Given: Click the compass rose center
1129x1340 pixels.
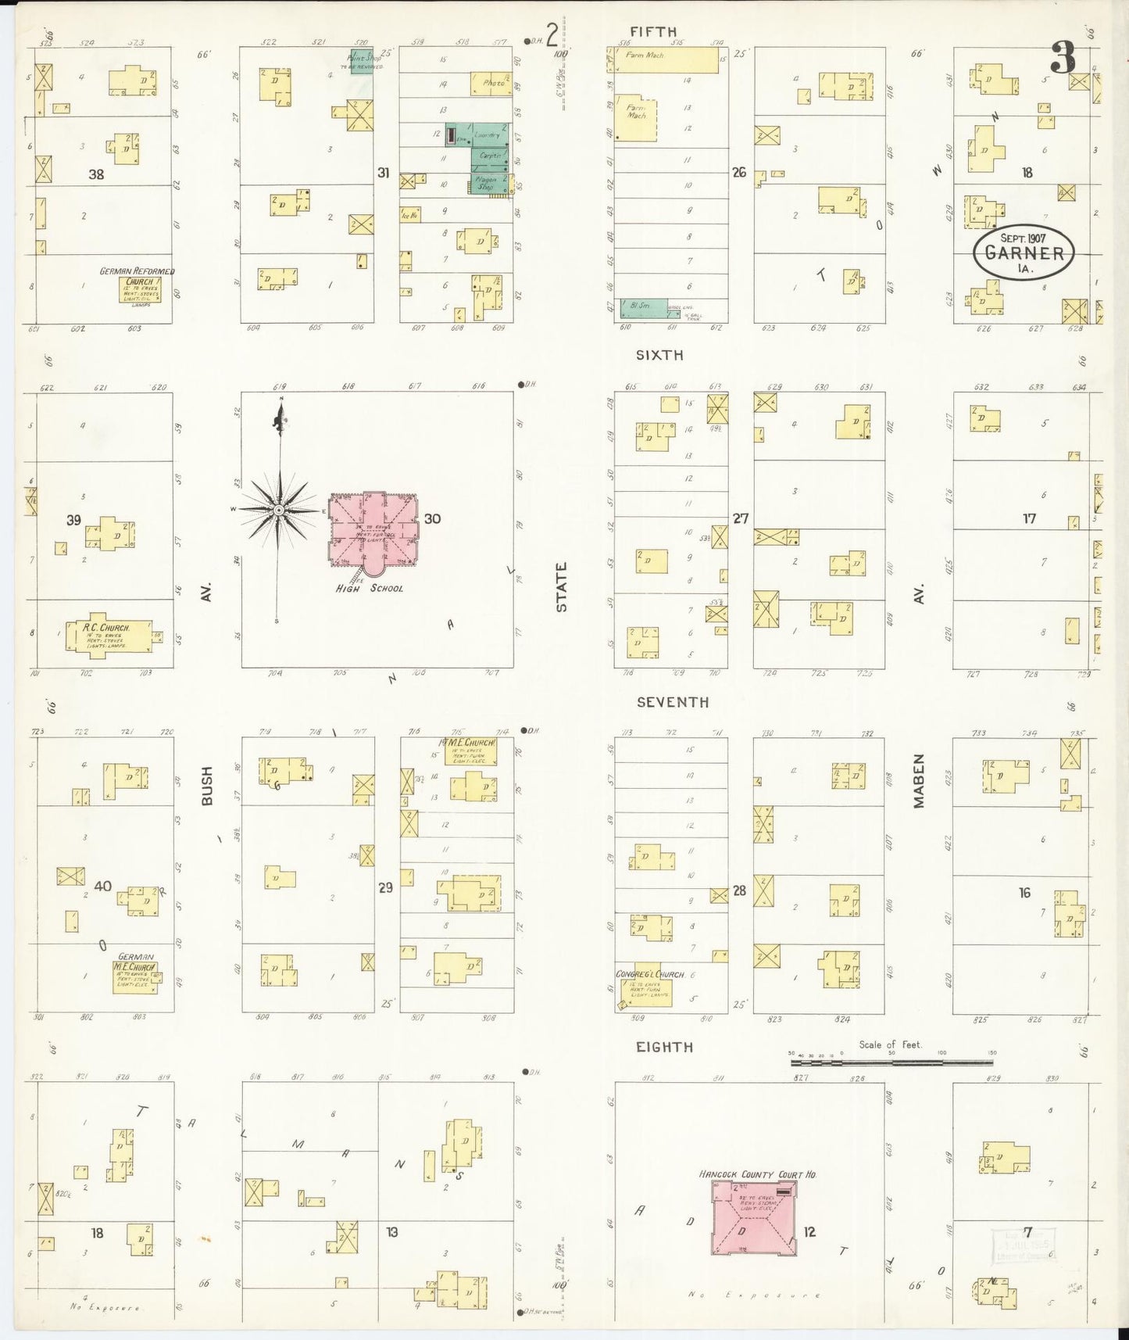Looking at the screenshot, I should [278, 510].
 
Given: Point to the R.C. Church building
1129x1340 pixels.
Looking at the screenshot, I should [119, 636].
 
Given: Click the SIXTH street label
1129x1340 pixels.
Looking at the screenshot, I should [659, 355].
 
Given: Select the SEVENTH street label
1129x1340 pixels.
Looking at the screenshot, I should [672, 702].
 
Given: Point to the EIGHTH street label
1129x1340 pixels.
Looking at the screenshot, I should [664, 1047].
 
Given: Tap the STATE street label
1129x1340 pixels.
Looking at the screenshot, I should [561, 587].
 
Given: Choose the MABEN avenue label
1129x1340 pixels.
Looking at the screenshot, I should [919, 780].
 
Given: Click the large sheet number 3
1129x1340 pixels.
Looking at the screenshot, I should [1063, 57].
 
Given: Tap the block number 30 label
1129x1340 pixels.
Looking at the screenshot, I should [432, 518].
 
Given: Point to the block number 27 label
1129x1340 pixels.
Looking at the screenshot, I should [740, 518].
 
